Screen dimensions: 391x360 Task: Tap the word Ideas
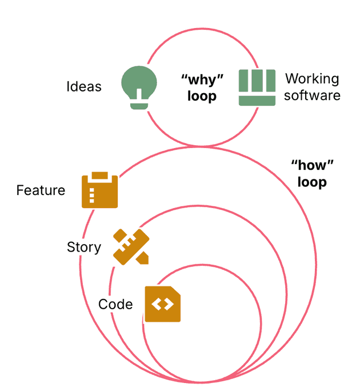pyautogui.click(x=84, y=87)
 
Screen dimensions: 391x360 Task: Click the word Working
pyautogui.click(x=312, y=78)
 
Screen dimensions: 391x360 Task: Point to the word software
pyautogui.click(x=312, y=95)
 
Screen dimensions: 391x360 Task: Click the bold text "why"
pyautogui.click(x=202, y=79)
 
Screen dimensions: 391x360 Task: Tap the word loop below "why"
pyautogui.click(x=202, y=95)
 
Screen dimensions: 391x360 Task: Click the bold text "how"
pyautogui.click(x=312, y=166)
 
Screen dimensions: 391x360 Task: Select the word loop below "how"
pyautogui.click(x=312, y=182)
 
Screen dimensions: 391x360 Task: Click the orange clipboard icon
pyautogui.click(x=100, y=190)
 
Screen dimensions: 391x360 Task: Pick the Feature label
pyautogui.click(x=41, y=190)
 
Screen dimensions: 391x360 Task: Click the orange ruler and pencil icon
pyautogui.click(x=131, y=246)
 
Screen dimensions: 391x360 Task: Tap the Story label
pyautogui.click(x=84, y=248)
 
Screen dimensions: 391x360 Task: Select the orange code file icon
pyautogui.click(x=162, y=304)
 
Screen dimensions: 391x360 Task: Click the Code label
pyautogui.click(x=115, y=304)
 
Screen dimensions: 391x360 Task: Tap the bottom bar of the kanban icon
pyautogui.click(x=257, y=101)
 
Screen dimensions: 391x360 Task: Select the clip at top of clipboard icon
pyautogui.click(x=100, y=175)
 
